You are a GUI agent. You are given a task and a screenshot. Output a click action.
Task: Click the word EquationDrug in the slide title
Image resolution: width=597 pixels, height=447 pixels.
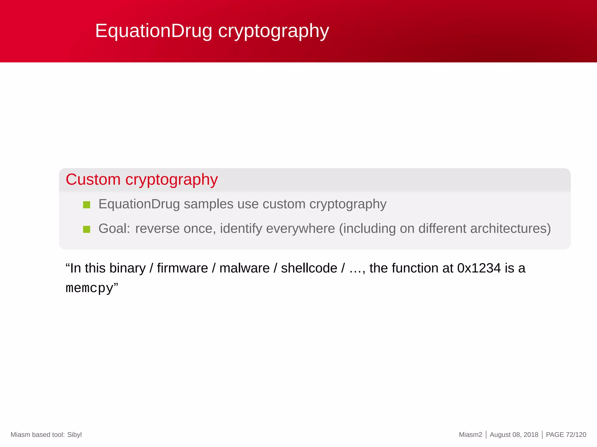coord(153,31)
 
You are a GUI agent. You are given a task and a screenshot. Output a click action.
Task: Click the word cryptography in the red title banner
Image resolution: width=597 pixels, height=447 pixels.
coord(273,31)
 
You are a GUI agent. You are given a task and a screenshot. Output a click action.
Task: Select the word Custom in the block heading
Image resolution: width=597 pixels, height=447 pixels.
coord(93,180)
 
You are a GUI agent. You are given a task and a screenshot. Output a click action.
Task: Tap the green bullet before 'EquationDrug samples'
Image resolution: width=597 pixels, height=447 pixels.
coord(87,205)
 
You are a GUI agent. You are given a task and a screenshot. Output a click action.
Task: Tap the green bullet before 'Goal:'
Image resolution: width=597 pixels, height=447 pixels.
coord(87,229)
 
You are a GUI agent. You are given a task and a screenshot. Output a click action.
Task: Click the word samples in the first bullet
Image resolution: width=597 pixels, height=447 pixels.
coord(208,204)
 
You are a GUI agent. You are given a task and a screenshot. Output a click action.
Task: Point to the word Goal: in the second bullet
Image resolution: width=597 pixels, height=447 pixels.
coord(114,229)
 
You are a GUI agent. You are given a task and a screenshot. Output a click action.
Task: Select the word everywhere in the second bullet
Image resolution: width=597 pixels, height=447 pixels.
coord(301,229)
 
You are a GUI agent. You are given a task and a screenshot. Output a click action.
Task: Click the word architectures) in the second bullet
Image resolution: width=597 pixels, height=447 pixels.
coord(510,229)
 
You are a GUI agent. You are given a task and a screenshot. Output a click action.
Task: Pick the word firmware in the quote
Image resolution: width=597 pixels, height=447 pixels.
coord(182,268)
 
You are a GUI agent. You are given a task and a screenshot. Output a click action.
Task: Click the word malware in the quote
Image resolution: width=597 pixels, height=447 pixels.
coord(244,268)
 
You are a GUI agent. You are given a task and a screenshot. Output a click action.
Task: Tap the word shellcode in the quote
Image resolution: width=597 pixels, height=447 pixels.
coord(309,268)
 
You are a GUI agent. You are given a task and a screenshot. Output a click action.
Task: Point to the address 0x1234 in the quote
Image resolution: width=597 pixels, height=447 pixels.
coord(479,268)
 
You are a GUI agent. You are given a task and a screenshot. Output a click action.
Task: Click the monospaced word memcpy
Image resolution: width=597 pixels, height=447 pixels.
coord(89,288)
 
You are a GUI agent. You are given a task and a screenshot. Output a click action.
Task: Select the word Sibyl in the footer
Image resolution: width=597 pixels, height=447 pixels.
coord(74,435)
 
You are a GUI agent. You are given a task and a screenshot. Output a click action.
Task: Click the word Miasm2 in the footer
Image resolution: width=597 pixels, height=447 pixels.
coord(470,435)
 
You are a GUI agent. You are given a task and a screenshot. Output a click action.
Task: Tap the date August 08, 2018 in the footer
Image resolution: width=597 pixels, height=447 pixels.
coord(514,435)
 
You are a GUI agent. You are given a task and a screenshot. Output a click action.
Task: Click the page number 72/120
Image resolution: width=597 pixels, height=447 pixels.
coord(576,435)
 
